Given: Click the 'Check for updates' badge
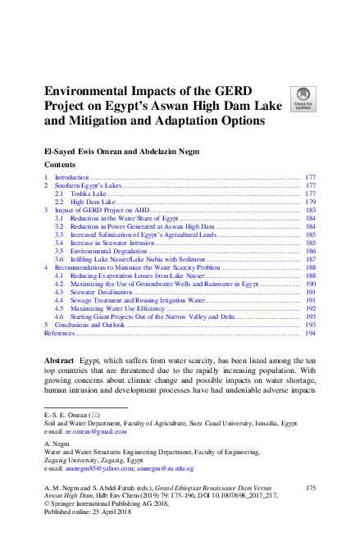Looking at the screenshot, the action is pyautogui.click(x=302, y=98).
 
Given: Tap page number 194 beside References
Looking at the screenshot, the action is pyautogui.click(x=310, y=333).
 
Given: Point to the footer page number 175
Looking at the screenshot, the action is pyautogui.click(x=310, y=487).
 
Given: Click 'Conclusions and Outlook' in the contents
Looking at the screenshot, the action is pyautogui.click(x=91, y=325).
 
